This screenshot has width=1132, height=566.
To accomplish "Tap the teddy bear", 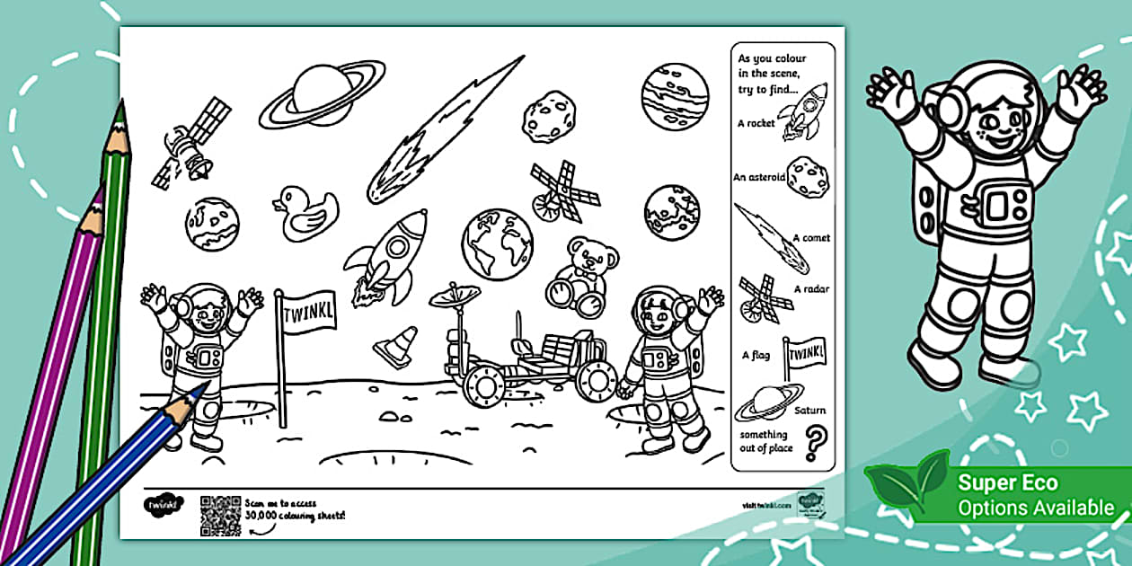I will [x=581, y=275].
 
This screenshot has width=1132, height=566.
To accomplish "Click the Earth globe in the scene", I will [x=497, y=243].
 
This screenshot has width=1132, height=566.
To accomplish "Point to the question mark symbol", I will [x=815, y=441].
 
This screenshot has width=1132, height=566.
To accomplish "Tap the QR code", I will [x=220, y=514].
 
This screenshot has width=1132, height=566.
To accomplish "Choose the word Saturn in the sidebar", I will [x=809, y=411].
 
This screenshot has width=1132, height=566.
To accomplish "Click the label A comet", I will [x=810, y=238].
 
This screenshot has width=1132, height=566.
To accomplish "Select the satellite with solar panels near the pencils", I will [x=190, y=143].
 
